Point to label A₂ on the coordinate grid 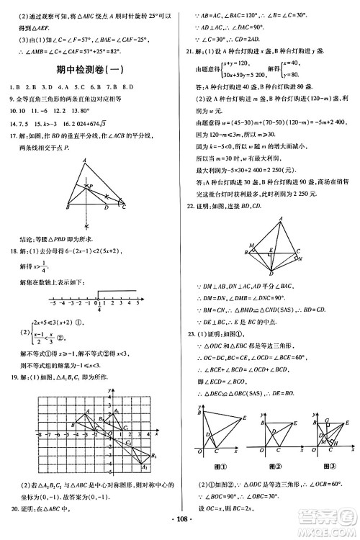(145, 469)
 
